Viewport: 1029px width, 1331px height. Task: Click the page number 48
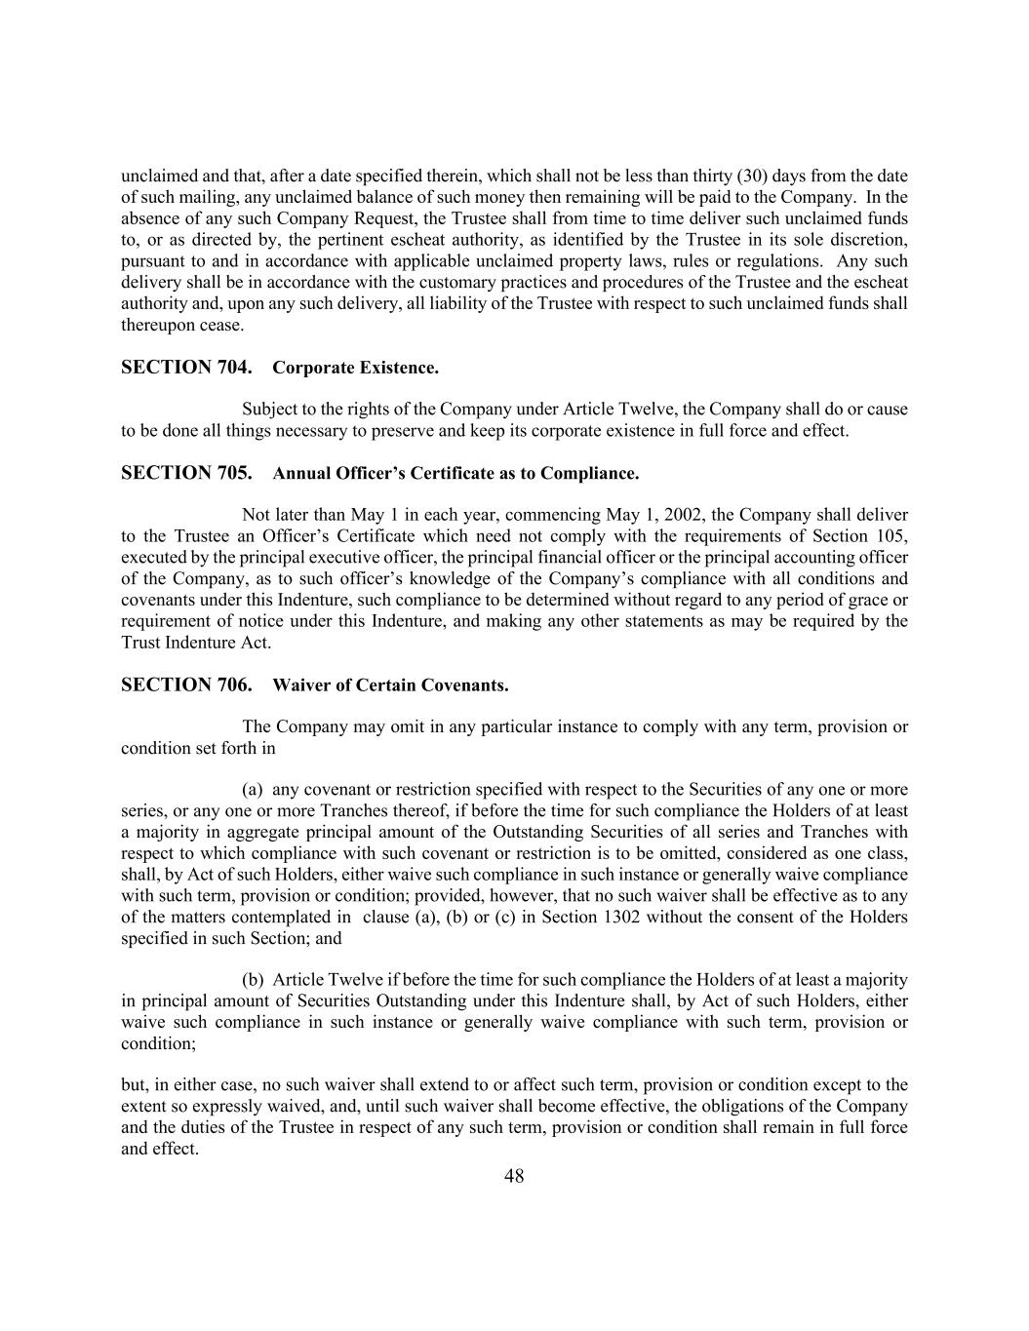click(514, 1176)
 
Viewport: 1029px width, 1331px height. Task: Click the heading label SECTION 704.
click(186, 368)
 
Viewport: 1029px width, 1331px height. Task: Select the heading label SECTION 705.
click(186, 473)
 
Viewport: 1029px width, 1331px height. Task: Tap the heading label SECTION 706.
click(186, 685)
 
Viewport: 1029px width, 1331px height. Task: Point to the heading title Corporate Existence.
click(355, 369)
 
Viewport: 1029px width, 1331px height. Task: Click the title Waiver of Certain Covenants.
click(390, 685)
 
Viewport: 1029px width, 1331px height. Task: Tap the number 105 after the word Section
click(893, 536)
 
